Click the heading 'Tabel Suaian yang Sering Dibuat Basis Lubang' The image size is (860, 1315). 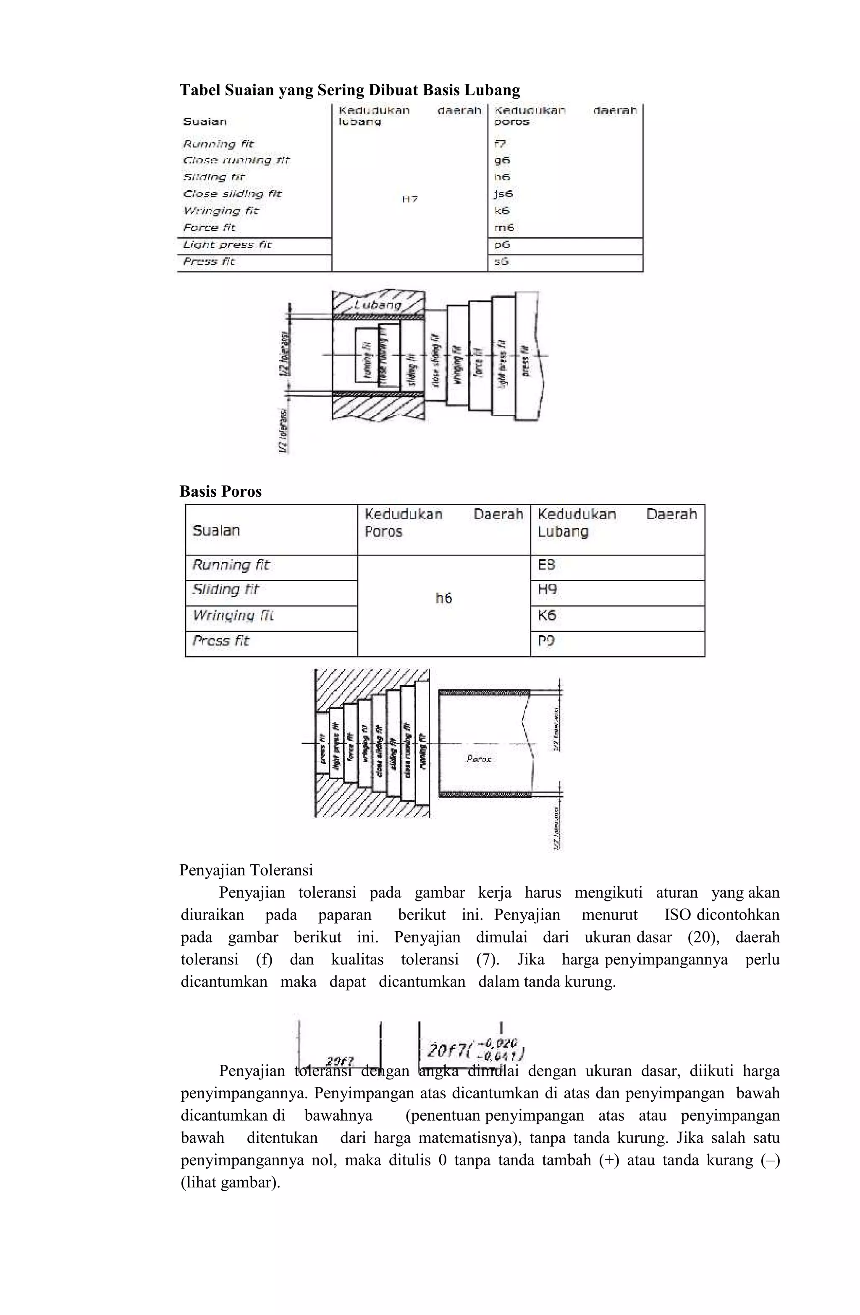pos(349,90)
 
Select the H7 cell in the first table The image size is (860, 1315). pos(409,199)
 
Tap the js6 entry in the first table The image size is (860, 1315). pos(503,194)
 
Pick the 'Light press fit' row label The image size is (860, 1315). pos(227,245)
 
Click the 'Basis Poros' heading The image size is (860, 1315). pos(220,491)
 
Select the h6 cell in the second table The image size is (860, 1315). pos(444,598)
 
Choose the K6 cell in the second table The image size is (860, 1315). pos(547,616)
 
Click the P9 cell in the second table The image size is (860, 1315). pos(546,641)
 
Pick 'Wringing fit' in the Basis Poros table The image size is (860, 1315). pos(233,616)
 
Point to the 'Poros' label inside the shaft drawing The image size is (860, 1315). pos(479,759)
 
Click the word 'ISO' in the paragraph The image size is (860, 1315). pos(677,915)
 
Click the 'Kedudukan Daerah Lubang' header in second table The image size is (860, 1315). pos(617,523)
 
